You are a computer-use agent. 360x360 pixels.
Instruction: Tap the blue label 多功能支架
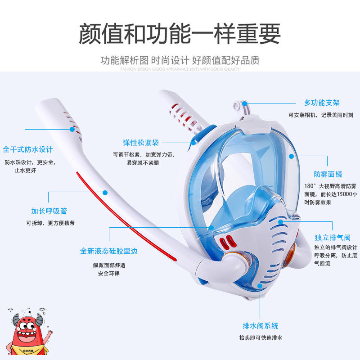click(x=321, y=103)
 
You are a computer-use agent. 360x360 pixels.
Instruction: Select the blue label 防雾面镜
click(x=328, y=174)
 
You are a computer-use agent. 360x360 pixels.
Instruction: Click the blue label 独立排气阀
click(x=332, y=237)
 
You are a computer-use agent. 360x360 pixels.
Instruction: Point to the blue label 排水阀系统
click(x=261, y=326)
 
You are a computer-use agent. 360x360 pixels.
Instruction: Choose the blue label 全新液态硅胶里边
click(x=109, y=251)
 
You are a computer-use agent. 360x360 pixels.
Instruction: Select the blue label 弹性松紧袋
click(x=141, y=143)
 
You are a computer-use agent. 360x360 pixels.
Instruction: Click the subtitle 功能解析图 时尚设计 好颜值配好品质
click(x=180, y=60)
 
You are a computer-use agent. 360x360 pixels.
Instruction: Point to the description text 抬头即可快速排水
click(x=261, y=337)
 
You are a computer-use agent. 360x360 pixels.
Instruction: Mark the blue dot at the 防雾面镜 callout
click(x=291, y=156)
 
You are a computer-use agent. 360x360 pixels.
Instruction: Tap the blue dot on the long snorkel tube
click(x=105, y=192)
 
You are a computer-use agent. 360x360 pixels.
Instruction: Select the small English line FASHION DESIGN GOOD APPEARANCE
click(x=180, y=69)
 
